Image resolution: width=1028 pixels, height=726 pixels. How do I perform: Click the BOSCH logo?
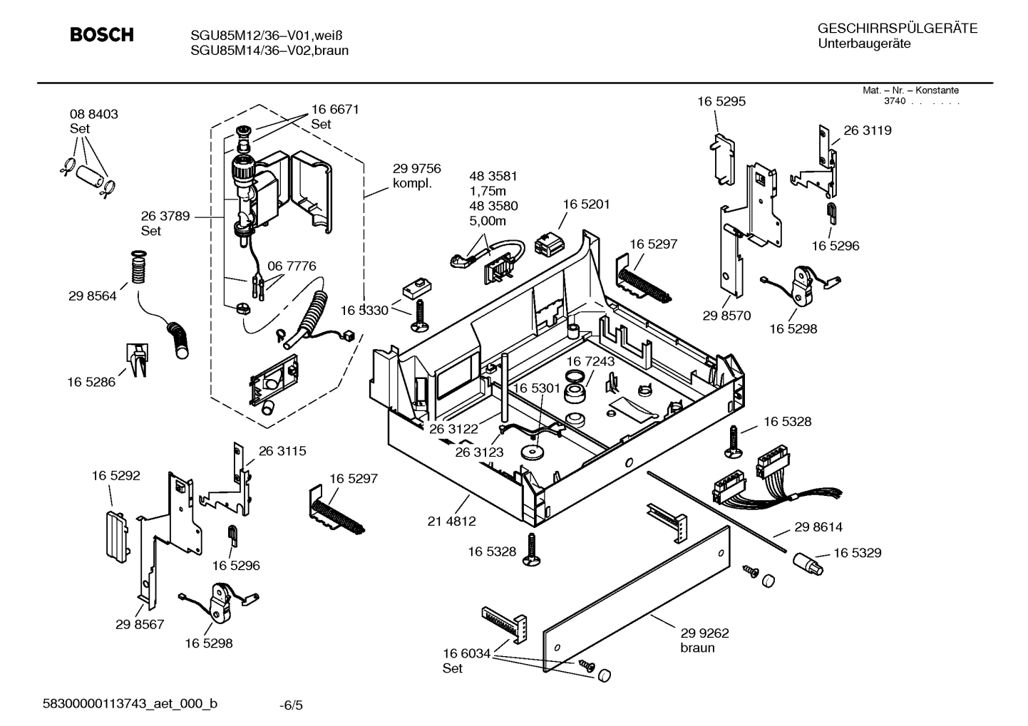101,35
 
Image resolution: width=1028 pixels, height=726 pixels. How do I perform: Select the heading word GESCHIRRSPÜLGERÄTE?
897,28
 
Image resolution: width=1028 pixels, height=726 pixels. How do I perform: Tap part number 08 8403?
93,114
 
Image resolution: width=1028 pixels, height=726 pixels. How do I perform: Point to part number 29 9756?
416,169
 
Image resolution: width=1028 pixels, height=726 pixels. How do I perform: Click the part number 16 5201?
586,204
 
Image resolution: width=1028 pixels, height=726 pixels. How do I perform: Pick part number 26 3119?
868,130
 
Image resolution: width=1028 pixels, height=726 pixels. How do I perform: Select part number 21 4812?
451,521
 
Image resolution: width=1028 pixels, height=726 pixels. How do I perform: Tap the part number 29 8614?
818,527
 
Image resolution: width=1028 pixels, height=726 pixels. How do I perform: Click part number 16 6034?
466,653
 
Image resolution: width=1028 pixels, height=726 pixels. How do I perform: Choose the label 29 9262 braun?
704,640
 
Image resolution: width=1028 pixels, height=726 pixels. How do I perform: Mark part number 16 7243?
590,362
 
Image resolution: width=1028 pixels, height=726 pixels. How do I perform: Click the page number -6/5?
291,705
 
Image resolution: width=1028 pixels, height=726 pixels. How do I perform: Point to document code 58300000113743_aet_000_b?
131,704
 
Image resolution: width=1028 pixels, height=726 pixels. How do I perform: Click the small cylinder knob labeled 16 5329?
807,566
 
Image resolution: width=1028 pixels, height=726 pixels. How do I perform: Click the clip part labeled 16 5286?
137,358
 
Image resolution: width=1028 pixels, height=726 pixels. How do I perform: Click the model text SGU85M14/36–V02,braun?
269,51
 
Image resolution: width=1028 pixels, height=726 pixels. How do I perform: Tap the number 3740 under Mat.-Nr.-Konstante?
894,101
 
